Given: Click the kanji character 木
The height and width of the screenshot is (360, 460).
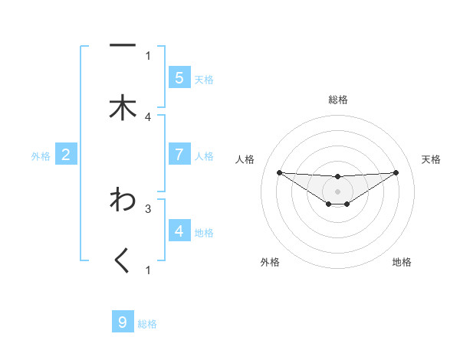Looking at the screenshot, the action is point(123,108).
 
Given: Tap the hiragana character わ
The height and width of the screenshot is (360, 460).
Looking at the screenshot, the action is point(123,200).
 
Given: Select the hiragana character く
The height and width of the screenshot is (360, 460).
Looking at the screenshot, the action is point(123,262).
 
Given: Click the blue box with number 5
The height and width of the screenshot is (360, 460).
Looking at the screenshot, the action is point(179,78).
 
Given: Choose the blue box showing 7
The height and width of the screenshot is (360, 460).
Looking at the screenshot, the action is point(179,155).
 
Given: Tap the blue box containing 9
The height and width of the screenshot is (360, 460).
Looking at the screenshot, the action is point(123,322).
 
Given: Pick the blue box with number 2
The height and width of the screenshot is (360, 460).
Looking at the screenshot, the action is point(66,155).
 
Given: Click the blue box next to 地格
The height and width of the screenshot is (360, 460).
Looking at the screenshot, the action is point(179,231).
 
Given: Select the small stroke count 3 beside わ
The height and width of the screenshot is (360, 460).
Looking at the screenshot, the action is point(148,208).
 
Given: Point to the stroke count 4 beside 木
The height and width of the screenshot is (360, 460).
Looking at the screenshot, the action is point(148,116).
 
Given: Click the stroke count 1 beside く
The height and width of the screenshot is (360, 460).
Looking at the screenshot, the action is point(148,270).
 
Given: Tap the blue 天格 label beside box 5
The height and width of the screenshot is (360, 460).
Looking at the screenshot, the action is point(204,79).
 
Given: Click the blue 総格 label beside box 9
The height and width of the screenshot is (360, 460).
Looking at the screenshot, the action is point(147,324).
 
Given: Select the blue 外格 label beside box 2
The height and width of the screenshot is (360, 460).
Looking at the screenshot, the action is point(41,155).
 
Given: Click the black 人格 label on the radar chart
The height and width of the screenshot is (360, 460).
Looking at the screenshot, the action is point(246,159).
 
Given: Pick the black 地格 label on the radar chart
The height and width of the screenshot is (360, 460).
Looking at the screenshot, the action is point(402,262).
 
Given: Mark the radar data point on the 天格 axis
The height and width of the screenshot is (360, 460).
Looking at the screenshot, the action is point(396,172).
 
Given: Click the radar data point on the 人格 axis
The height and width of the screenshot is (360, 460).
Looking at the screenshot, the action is point(279,172).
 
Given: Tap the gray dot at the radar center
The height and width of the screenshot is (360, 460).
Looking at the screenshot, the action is point(337,191).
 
